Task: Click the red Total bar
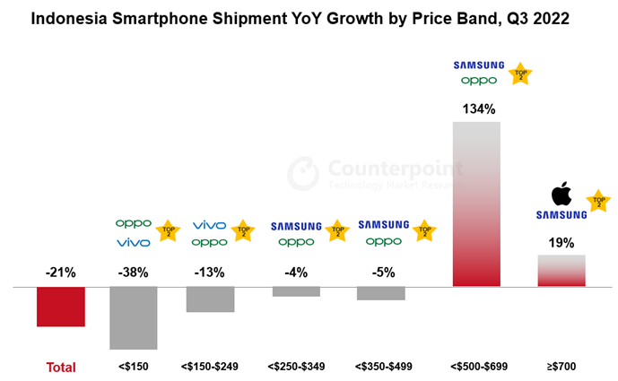pyautogui.click(x=60, y=307)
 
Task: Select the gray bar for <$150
pyautogui.click(x=133, y=317)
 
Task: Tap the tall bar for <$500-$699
pyautogui.click(x=476, y=203)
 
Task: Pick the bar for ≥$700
pyautogui.click(x=561, y=271)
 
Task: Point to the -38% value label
pyautogui.click(x=134, y=273)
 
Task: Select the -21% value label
pyautogui.click(x=60, y=273)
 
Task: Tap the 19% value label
pyautogui.click(x=561, y=242)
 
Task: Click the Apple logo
pyautogui.click(x=561, y=194)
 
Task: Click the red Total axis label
pyautogui.click(x=61, y=367)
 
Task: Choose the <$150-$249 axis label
pyautogui.click(x=210, y=367)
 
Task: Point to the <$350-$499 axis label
pyautogui.click(x=383, y=367)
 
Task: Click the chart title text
pyautogui.click(x=309, y=17)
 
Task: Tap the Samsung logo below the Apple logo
pyautogui.click(x=561, y=215)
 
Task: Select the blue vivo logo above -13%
pyautogui.click(x=210, y=224)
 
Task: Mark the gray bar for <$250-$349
pyautogui.click(x=296, y=291)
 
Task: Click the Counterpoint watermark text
pyautogui.click(x=395, y=168)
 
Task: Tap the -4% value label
pyautogui.click(x=296, y=273)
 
